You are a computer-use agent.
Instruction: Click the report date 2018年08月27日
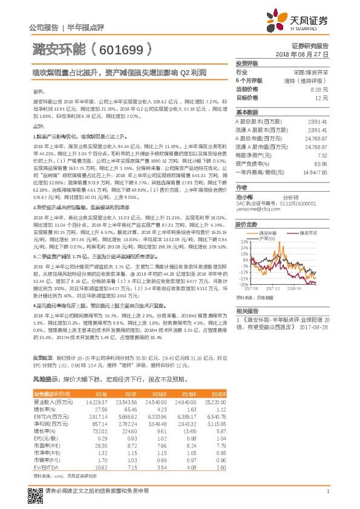[x=301, y=54]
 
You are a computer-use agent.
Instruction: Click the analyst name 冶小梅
[x=245, y=196]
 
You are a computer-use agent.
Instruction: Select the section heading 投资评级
[x=247, y=62]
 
